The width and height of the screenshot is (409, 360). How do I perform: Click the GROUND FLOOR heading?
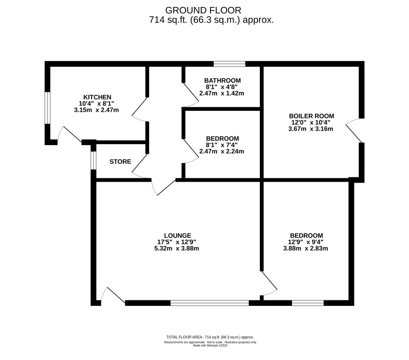203,11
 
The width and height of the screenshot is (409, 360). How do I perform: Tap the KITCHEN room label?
97,97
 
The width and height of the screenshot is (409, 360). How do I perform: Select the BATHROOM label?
223,80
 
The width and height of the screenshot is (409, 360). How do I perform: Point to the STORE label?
120,162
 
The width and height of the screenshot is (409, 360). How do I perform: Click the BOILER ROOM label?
312,116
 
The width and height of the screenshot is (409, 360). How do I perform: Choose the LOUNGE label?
178,236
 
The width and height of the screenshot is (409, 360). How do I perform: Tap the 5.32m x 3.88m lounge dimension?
177,248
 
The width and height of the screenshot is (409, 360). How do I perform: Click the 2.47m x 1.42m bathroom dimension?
222,93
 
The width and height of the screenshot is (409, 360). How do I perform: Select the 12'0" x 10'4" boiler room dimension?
311,122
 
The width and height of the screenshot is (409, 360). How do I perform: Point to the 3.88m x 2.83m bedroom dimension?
306,248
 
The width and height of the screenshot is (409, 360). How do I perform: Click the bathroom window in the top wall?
229,64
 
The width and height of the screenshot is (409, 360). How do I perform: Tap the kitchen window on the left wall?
47,108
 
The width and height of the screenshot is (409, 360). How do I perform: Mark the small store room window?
93,160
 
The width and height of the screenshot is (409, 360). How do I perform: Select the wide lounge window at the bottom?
210,303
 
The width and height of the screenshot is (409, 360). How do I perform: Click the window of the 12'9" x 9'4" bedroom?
308,303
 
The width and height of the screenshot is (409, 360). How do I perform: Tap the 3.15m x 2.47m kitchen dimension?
96,110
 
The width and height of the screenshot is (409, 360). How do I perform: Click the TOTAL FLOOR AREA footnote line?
210,337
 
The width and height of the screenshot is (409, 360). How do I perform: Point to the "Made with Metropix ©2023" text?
210,345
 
